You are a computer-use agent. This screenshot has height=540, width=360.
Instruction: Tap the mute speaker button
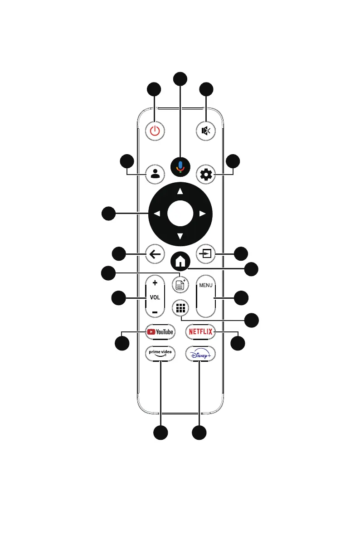206,131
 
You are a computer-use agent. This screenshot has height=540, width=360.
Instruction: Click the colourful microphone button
180,167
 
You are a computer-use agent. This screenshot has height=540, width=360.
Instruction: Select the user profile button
155,174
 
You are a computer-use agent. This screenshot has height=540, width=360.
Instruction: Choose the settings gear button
206,174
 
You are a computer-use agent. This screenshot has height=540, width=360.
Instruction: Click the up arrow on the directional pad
180,191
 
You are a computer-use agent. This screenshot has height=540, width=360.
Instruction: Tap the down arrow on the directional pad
180,235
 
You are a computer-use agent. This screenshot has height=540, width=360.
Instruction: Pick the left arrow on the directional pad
157,213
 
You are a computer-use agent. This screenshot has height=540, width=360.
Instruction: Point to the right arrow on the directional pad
203,213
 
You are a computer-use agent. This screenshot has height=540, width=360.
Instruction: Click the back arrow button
155,254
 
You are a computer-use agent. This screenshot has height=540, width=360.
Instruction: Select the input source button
206,254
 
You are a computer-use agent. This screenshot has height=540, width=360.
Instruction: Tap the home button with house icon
180,262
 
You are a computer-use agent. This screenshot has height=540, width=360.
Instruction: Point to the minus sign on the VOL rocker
155,312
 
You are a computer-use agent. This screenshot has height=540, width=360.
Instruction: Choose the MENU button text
206,286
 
